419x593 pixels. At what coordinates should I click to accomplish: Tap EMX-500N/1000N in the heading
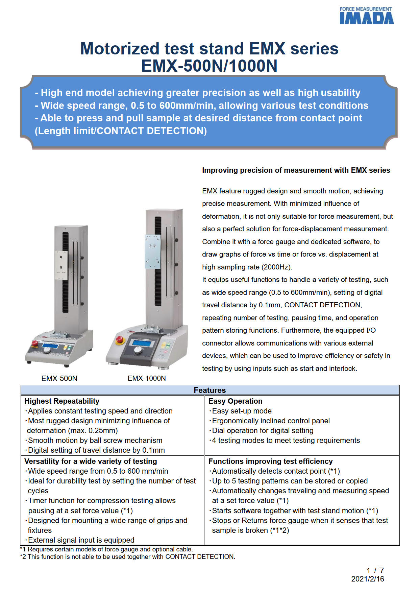click(209, 66)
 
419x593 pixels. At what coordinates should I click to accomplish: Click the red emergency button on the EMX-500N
click(34, 343)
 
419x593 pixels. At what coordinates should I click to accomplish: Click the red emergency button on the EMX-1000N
click(119, 339)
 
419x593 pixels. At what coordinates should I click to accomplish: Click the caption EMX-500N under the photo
click(59, 378)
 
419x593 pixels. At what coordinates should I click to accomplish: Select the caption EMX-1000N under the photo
click(147, 378)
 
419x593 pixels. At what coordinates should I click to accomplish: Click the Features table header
click(209, 390)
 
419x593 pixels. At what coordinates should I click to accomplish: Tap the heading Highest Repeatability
click(62, 401)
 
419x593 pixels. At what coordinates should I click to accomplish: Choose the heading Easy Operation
click(235, 401)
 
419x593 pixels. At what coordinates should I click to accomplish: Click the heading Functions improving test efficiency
click(270, 461)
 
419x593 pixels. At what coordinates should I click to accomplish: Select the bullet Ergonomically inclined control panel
click(270, 421)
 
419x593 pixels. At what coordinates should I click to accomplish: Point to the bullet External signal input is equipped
click(81, 540)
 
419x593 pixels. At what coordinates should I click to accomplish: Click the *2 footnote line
click(127, 556)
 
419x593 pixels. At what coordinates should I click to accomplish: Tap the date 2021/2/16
click(367, 579)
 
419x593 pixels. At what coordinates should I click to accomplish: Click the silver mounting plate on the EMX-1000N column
click(152, 252)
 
